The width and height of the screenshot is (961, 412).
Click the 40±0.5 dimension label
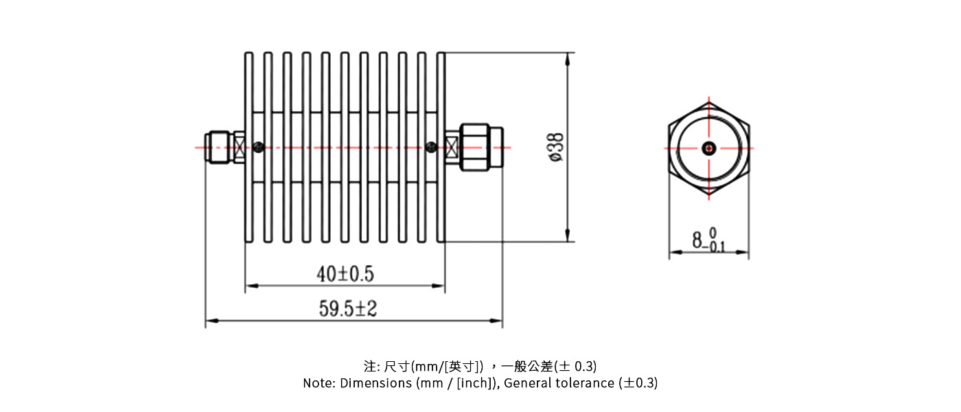[x=345, y=274]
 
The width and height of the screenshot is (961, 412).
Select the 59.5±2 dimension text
[x=348, y=309]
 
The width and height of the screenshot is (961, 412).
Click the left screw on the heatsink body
[x=258, y=146]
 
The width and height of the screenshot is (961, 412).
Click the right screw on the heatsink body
[x=431, y=146]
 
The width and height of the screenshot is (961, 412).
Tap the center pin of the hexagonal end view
[x=708, y=148]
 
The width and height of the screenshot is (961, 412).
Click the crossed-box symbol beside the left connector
[x=240, y=147]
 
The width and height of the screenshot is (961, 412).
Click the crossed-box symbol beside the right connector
[x=452, y=147]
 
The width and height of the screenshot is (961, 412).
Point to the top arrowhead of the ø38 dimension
[x=568, y=59]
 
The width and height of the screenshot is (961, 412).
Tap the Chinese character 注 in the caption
[x=369, y=365]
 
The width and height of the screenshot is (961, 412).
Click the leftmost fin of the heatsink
[x=249, y=147]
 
